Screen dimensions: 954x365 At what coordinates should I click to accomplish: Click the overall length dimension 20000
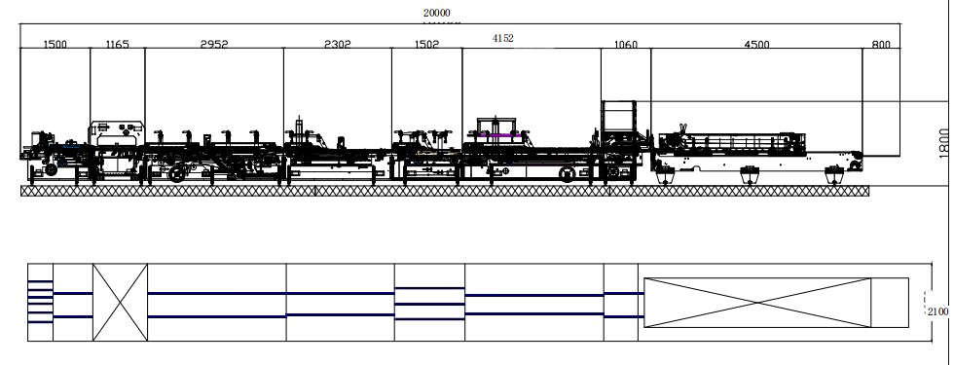coord(437,13)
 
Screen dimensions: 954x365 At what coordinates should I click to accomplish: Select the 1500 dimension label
coord(55,44)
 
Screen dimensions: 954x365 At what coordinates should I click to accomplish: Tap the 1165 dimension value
coord(118,44)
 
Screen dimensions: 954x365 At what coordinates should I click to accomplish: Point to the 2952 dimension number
coord(214,44)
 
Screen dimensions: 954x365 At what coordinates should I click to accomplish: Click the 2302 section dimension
coord(338,44)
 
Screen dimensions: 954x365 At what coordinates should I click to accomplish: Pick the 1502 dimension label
coord(426,44)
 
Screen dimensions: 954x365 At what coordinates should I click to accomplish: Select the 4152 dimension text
coord(503,38)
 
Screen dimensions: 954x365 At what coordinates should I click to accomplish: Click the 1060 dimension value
coord(625,45)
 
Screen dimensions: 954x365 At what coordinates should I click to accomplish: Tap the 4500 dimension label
coord(757,45)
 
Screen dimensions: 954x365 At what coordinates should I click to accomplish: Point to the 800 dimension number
coord(881,45)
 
